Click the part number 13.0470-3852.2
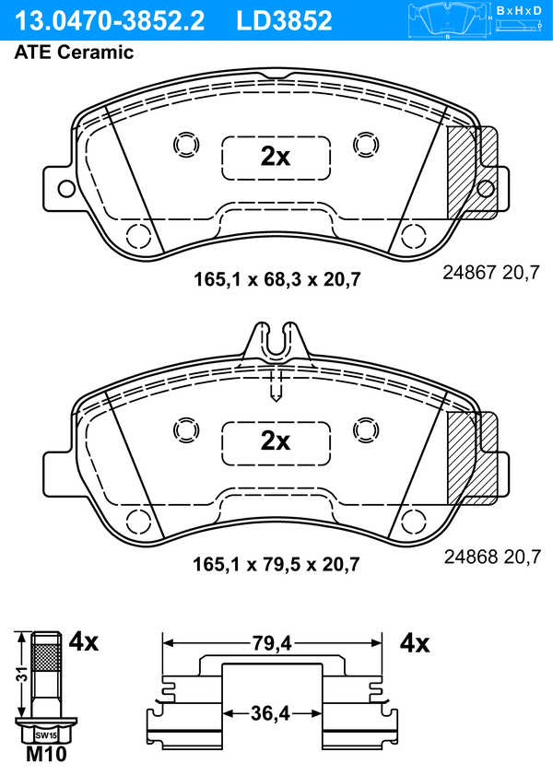[x=110, y=20]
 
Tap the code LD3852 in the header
[x=284, y=20]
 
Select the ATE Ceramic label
[x=74, y=52]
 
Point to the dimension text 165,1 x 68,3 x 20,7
[x=276, y=280]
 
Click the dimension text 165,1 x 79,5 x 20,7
[x=276, y=564]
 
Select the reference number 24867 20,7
[x=491, y=273]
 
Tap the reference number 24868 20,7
[x=492, y=557]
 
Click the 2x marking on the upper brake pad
[x=276, y=157]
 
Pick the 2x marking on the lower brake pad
[x=276, y=440]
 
